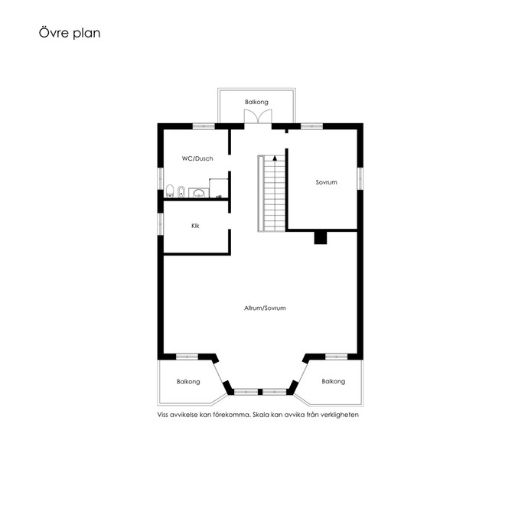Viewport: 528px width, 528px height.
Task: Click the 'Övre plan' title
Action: tap(70, 33)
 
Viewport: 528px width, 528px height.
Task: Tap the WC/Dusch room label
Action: tap(197, 158)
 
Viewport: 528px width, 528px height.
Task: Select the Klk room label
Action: tap(195, 226)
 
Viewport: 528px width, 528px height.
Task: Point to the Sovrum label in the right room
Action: tap(326, 182)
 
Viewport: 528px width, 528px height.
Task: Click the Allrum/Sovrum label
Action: tap(265, 308)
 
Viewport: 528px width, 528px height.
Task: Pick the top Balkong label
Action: tap(256, 102)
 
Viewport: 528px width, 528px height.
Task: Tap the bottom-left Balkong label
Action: tap(188, 382)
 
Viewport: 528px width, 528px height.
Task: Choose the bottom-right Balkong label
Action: tap(334, 381)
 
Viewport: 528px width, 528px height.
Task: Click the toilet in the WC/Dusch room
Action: tap(170, 191)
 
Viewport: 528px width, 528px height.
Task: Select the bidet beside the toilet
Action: tap(181, 191)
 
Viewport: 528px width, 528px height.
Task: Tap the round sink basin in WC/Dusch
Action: tap(199, 194)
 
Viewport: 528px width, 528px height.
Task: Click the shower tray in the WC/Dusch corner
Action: tap(219, 188)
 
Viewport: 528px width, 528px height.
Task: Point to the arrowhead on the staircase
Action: tap(275, 158)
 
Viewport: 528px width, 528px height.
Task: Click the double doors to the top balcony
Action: tap(258, 116)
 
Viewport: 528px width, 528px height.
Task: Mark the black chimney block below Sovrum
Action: tap(321, 237)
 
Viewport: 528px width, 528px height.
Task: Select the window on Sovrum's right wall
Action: tap(360, 178)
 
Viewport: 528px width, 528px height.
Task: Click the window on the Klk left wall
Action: tap(161, 224)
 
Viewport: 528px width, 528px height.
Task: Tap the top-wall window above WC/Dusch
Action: tap(204, 126)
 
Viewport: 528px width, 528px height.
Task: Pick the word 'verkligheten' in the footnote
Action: tap(340, 415)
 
